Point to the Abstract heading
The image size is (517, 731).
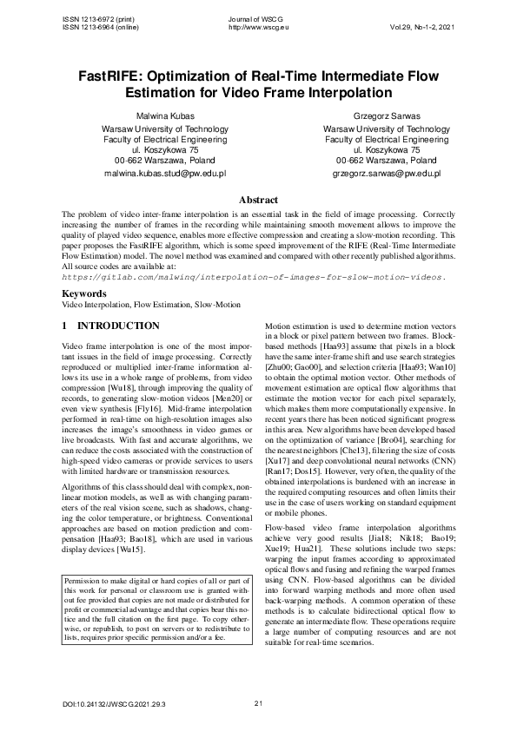[258, 199]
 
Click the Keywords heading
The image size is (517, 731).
[84, 294]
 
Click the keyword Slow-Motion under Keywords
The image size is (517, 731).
[218, 306]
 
